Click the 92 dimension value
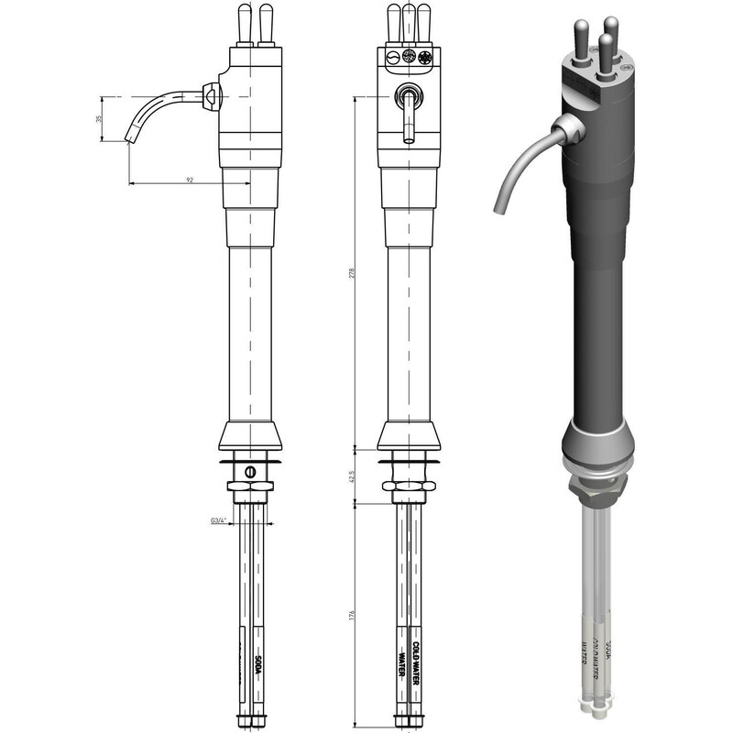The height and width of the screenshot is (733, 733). click(190, 181)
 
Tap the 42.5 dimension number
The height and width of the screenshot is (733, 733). click(352, 477)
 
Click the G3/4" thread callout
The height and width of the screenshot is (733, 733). click(219, 521)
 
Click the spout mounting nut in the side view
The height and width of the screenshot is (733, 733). click(211, 94)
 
